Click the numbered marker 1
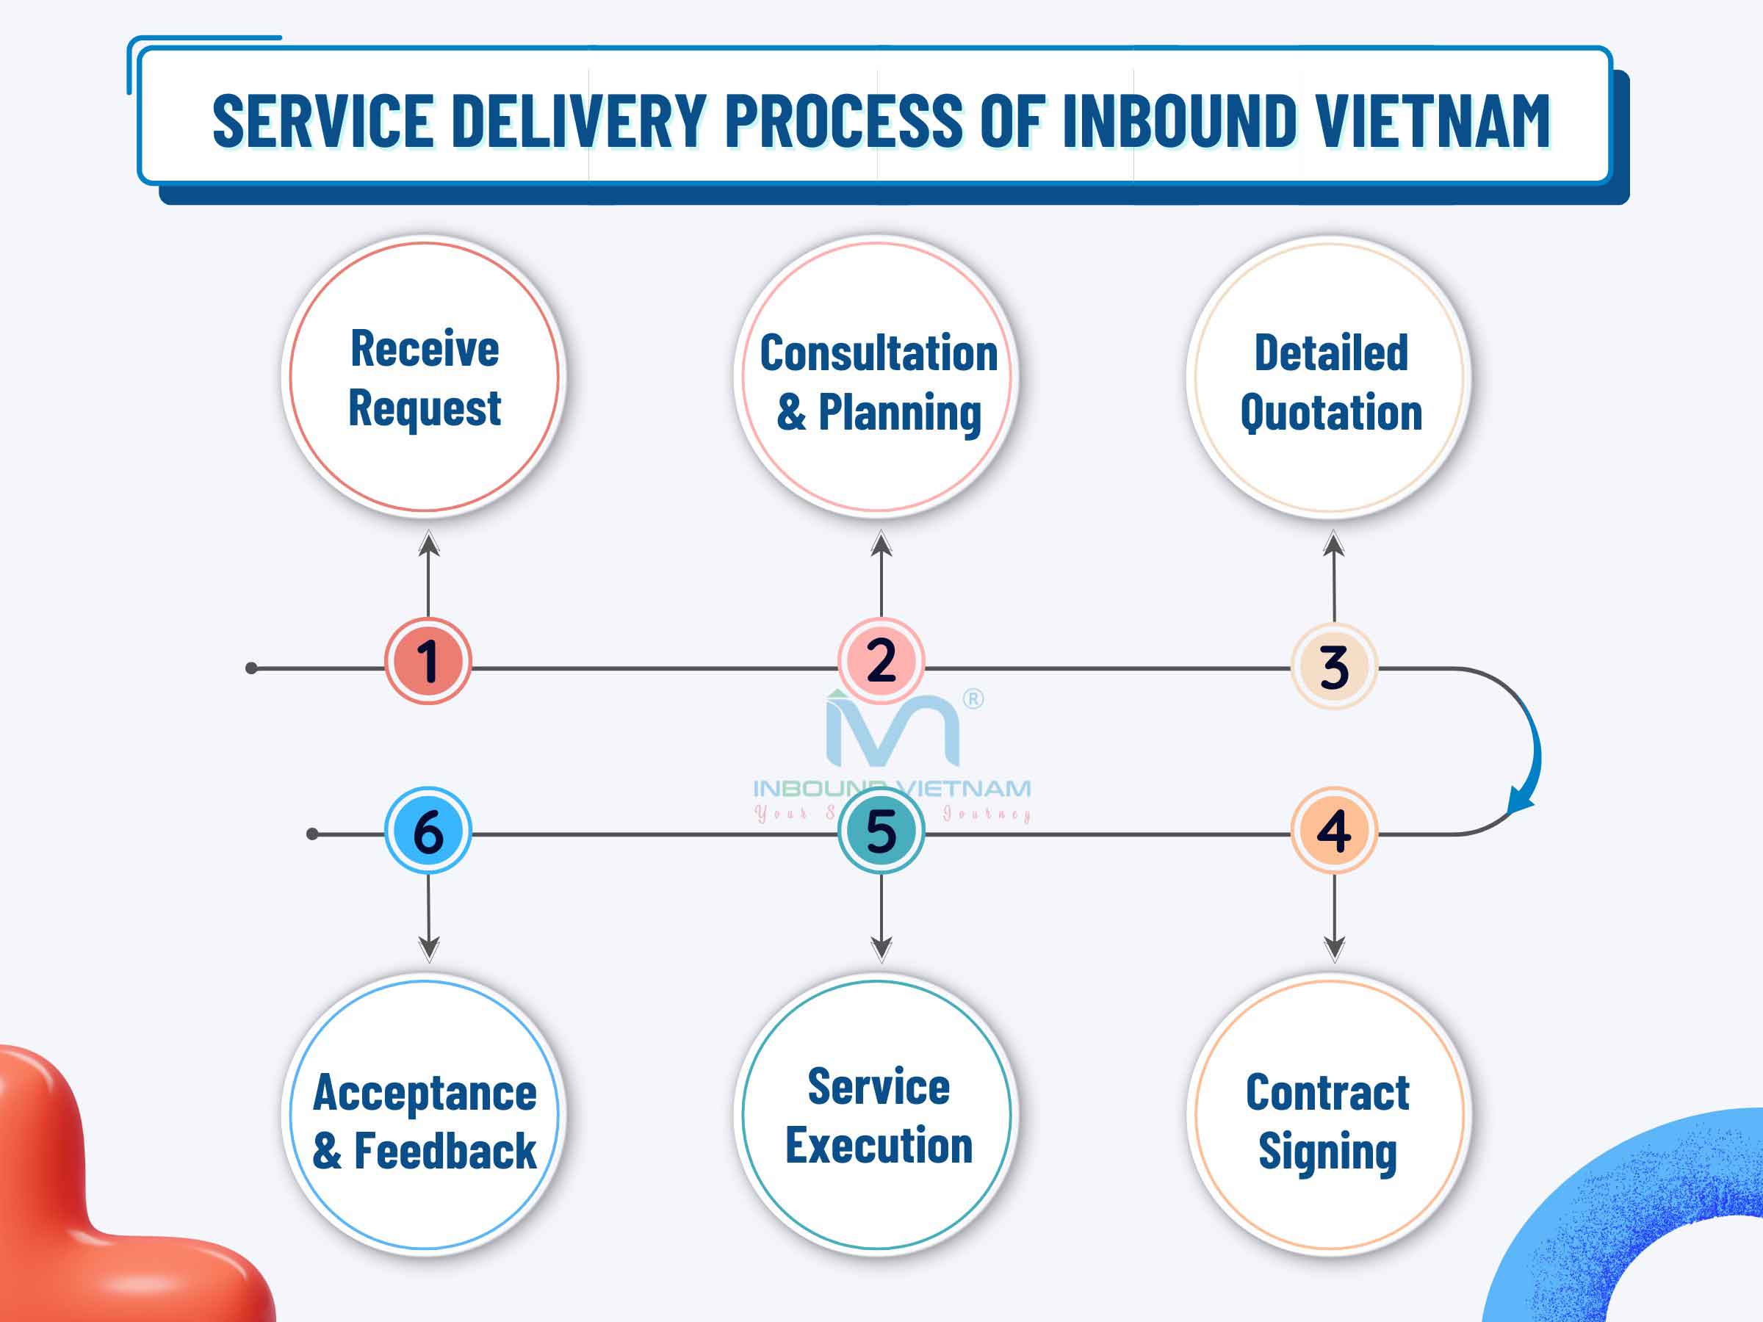(428, 660)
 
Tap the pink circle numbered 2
(881, 660)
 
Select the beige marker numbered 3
(1333, 666)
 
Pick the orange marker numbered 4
(1333, 831)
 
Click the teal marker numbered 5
(881, 831)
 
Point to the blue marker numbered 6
(428, 831)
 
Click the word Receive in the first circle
(425, 349)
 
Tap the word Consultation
(879, 353)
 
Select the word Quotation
(1331, 413)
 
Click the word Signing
(1327, 1152)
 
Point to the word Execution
(879, 1146)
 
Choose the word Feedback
(444, 1152)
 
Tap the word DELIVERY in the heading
(580, 121)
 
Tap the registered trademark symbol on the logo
(973, 699)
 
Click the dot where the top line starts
(252, 668)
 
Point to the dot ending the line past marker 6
(312, 834)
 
